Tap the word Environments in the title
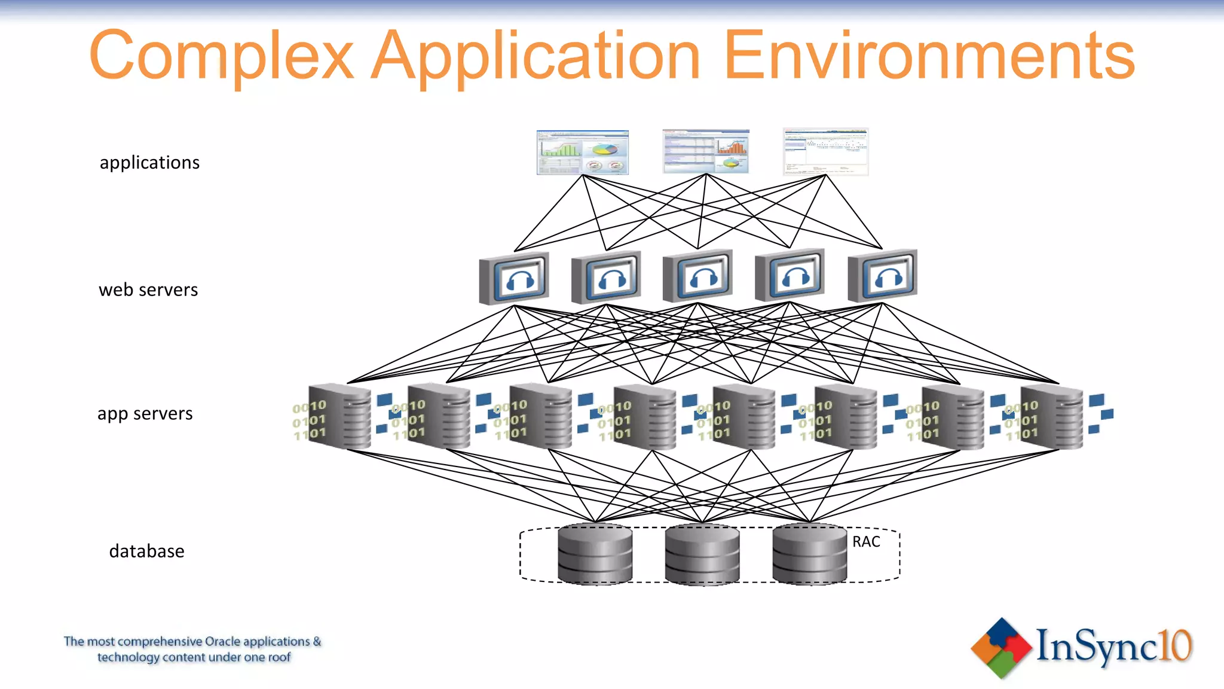coord(929,55)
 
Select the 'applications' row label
coord(149,163)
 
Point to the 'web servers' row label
coord(148,290)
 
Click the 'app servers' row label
coord(145,414)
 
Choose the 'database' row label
coord(147,551)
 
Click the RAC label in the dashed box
coord(866,542)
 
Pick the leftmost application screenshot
coord(583,153)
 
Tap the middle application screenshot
coord(706,151)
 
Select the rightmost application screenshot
coord(825,151)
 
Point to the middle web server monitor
coord(698,276)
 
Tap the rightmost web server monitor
coord(883,276)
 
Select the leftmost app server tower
coord(339,417)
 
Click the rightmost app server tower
coord(1051,417)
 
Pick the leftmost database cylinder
coord(595,554)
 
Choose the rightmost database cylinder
coord(809,554)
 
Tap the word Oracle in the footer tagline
coord(222,642)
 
